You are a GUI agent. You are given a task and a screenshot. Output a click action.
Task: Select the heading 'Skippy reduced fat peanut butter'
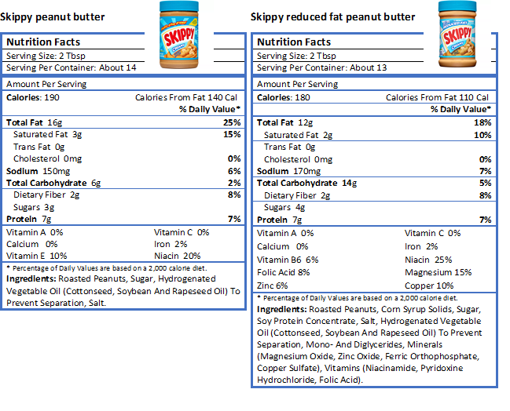click(x=332, y=16)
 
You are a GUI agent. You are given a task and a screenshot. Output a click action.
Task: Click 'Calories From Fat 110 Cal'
click(x=438, y=97)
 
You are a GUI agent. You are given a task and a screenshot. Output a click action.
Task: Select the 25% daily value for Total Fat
click(x=232, y=123)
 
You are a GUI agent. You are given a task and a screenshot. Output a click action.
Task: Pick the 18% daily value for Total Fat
click(x=482, y=123)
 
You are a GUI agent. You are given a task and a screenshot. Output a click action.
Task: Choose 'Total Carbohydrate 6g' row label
click(x=53, y=183)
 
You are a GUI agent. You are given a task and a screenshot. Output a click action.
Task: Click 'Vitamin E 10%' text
click(x=37, y=256)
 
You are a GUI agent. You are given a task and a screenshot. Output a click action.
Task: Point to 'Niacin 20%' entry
click(x=178, y=256)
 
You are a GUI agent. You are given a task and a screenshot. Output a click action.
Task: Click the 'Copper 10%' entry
click(x=429, y=286)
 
